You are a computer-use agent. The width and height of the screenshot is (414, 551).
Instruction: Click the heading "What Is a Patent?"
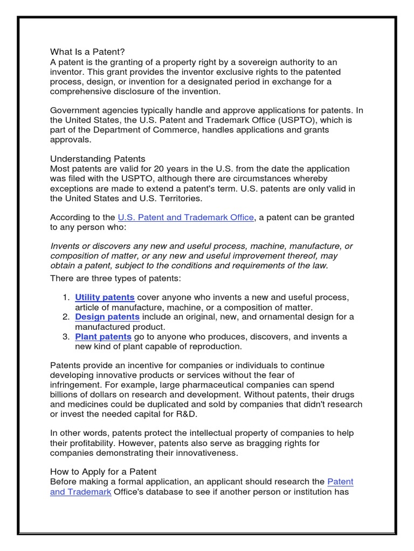[x=87, y=52]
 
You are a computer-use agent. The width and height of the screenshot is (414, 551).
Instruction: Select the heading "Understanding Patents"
[x=98, y=159]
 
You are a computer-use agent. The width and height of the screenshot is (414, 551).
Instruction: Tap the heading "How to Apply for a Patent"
[x=103, y=472]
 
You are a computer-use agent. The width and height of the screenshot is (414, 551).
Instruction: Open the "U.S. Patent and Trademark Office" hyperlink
[x=185, y=217]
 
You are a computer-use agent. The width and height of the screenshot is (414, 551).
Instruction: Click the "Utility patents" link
[x=105, y=298]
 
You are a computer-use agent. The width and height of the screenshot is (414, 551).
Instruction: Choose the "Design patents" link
[x=107, y=317]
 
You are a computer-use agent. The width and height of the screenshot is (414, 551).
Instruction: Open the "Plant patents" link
[x=103, y=337]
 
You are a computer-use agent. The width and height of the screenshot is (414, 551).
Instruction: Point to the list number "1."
[x=66, y=298]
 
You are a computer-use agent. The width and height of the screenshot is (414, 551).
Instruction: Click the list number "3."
[x=66, y=337]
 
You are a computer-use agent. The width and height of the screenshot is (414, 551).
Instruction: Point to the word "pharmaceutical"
[x=203, y=385]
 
